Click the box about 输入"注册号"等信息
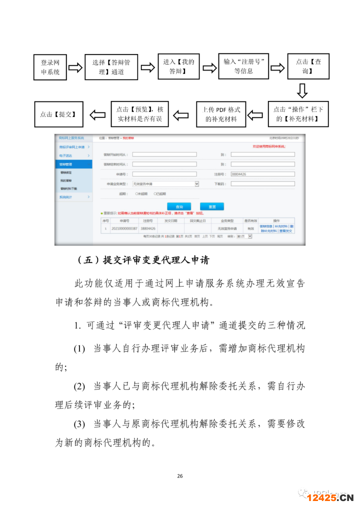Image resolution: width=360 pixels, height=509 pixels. (243, 65)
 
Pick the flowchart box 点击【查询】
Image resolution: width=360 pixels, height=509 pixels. (308, 66)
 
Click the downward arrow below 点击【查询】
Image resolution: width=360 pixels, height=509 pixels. (302, 91)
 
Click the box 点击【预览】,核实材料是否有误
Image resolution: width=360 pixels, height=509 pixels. (139, 114)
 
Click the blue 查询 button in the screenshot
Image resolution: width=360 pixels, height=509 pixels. (179, 206)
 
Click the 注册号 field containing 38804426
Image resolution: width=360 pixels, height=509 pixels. (262, 174)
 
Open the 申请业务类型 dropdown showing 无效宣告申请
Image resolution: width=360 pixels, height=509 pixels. (165, 184)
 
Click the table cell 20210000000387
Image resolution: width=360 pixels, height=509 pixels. (124, 228)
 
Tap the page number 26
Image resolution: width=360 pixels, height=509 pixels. (180, 476)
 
